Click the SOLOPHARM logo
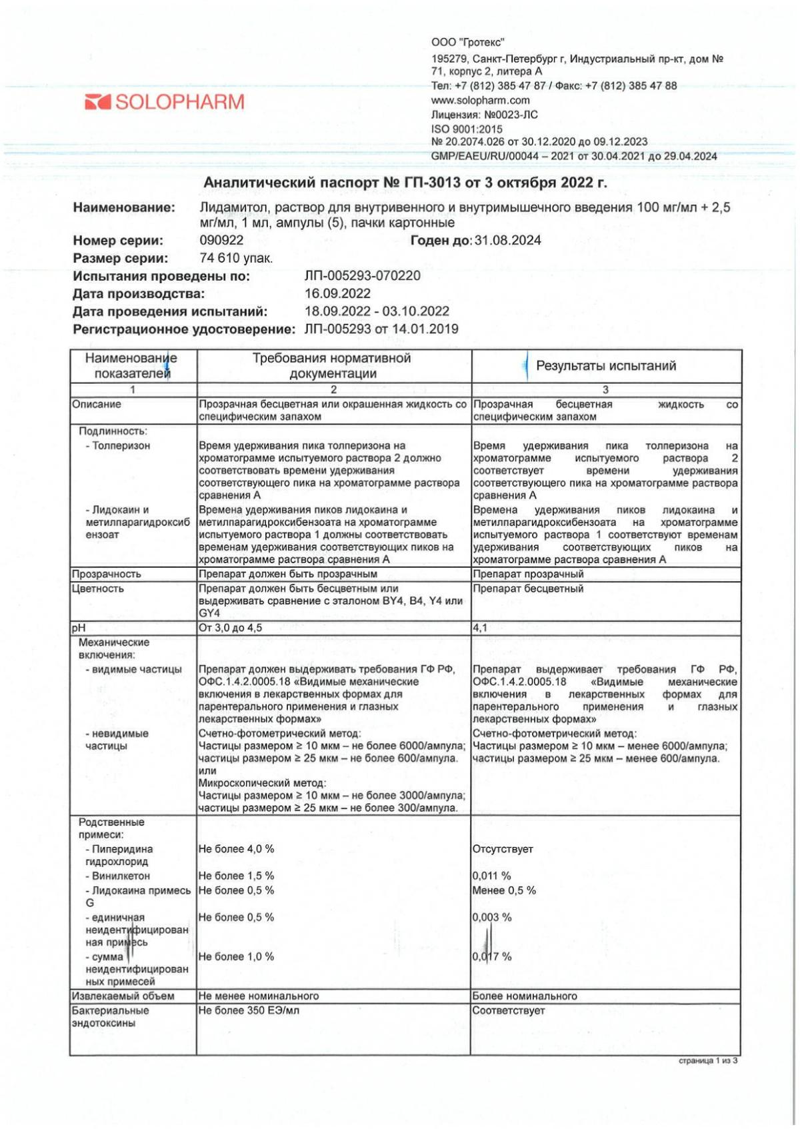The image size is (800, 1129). click(165, 102)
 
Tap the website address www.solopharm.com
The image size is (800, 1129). click(480, 100)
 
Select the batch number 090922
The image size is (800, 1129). click(221, 241)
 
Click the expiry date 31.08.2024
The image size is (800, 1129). click(507, 241)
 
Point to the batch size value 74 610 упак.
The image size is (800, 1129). click(236, 259)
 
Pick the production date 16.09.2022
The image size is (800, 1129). click(337, 294)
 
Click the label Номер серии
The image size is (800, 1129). click(118, 241)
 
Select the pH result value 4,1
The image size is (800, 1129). click(480, 628)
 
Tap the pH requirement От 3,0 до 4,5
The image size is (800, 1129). click(230, 628)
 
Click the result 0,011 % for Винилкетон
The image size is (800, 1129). click(491, 876)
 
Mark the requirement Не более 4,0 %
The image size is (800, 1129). click(236, 849)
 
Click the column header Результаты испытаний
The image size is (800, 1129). click(605, 366)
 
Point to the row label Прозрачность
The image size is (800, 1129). click(106, 574)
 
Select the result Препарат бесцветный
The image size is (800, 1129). click(528, 588)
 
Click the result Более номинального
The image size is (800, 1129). click(525, 996)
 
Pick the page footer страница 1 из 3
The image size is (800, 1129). click(708, 1060)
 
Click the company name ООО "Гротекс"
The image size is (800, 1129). click(467, 43)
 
